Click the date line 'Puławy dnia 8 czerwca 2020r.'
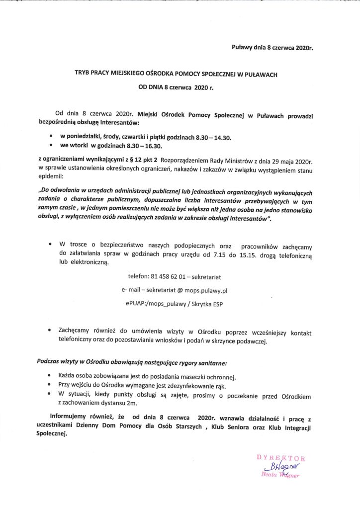[274, 48]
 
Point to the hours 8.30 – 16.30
[149, 147]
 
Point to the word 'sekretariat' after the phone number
[207, 277]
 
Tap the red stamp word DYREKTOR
[280, 458]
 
